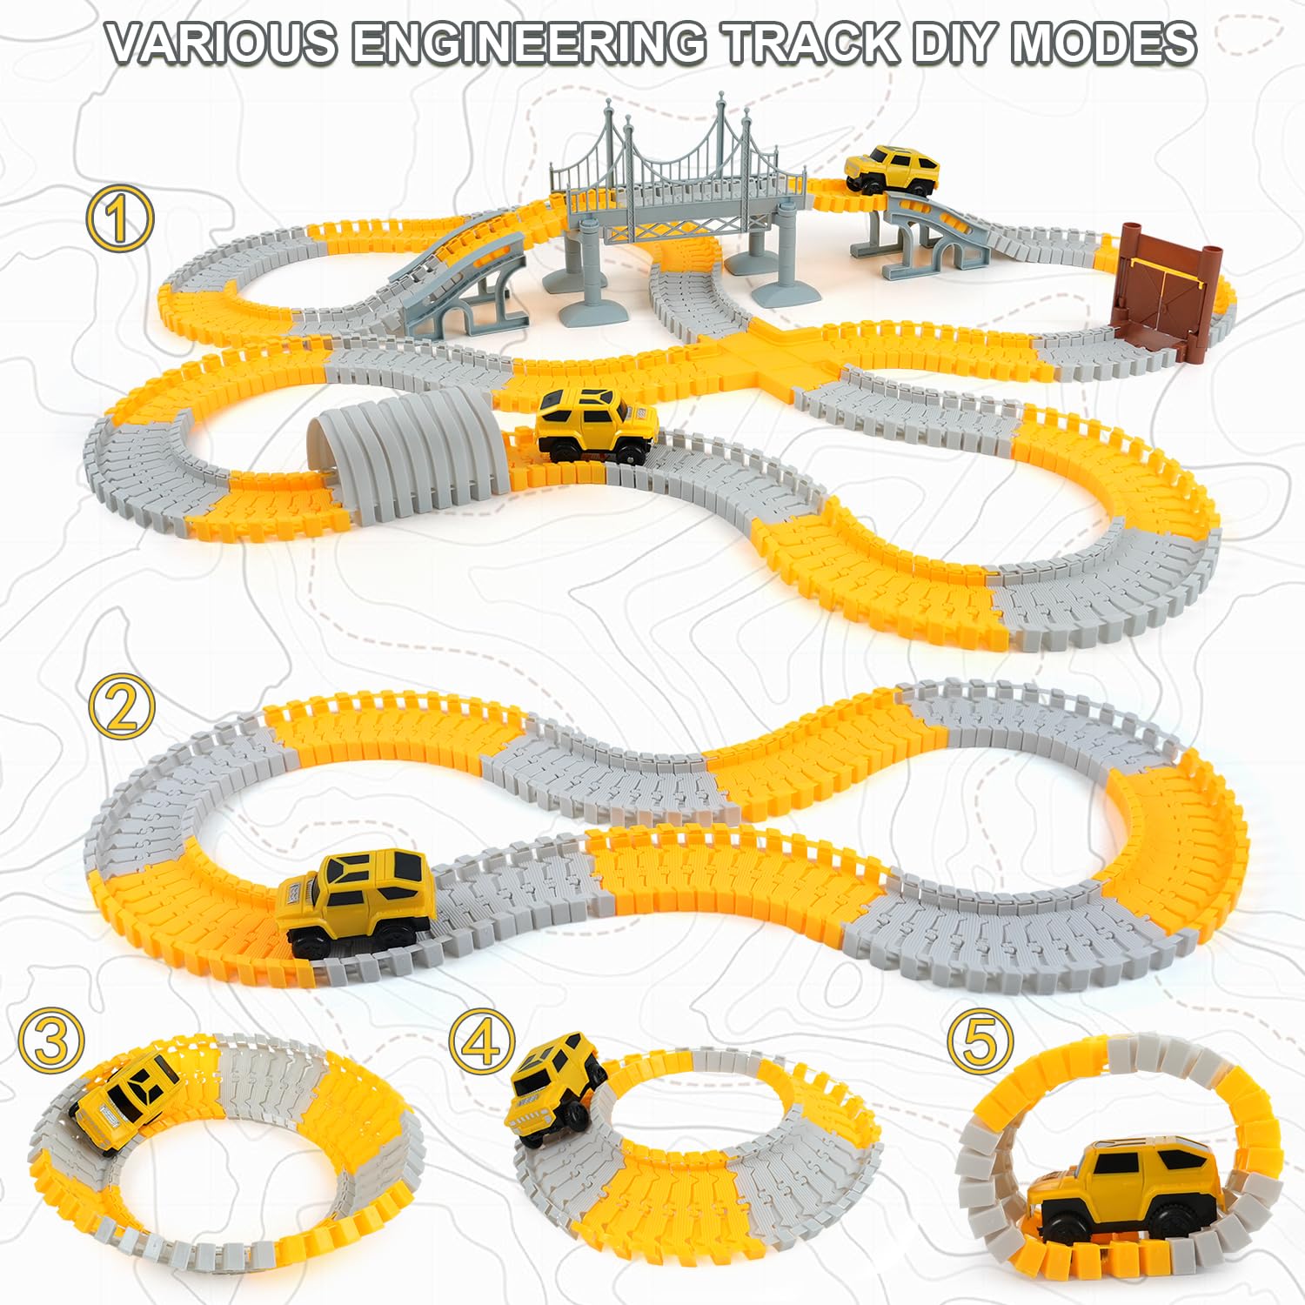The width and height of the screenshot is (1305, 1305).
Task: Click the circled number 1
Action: click(120, 218)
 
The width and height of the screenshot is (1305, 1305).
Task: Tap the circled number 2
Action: click(122, 708)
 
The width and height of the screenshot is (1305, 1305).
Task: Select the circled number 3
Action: click(52, 1041)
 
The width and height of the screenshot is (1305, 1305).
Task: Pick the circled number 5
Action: click(980, 1041)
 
